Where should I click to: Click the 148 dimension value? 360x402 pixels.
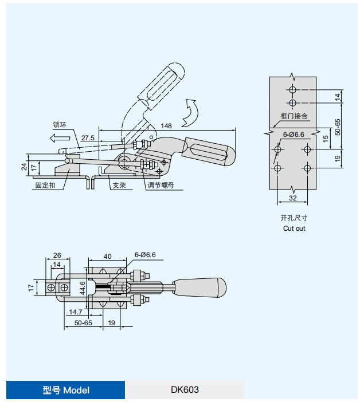(x=166, y=125)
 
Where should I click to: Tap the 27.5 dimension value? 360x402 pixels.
(x=88, y=138)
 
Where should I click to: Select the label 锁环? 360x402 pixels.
(x=61, y=124)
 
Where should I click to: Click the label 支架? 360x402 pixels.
(x=119, y=186)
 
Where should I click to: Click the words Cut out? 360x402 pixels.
(x=294, y=228)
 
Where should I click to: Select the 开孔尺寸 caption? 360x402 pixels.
(x=294, y=218)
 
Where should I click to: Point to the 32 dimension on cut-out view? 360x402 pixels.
(x=293, y=198)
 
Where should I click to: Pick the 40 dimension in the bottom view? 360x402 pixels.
(x=107, y=256)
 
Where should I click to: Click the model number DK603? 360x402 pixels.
(x=185, y=390)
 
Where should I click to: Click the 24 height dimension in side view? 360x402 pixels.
(x=24, y=167)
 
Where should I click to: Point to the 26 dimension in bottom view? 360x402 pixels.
(x=57, y=255)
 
